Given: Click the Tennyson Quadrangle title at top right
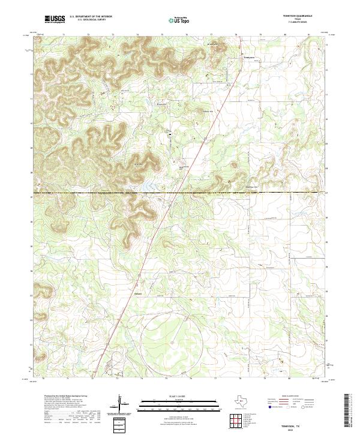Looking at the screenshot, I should click(297, 16).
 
